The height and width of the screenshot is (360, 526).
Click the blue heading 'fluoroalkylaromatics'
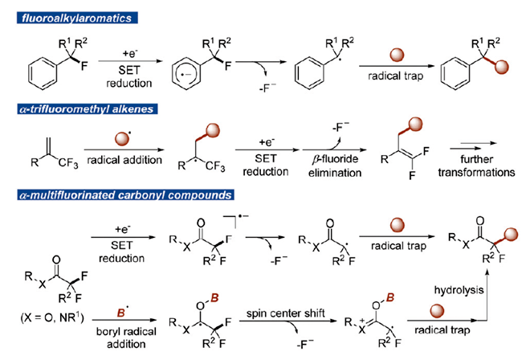point(77,18)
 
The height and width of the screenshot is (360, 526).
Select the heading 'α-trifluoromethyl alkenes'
point(88,109)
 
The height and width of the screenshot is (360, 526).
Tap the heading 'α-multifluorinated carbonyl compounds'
point(125,195)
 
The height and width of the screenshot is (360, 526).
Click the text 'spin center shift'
point(285,313)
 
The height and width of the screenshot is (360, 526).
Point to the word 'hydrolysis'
point(459,290)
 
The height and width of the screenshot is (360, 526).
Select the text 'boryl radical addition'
point(126,337)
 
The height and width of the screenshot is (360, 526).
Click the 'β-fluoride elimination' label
point(335,166)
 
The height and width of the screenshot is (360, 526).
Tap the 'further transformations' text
point(476,166)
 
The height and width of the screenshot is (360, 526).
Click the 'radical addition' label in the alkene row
point(124,160)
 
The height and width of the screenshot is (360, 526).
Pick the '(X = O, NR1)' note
point(52,317)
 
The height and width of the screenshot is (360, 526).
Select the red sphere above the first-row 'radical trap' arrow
point(397,55)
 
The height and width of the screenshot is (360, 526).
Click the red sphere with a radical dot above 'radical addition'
point(122,139)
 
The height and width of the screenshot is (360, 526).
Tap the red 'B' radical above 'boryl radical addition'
point(121,313)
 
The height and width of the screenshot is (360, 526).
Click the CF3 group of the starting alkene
point(68,164)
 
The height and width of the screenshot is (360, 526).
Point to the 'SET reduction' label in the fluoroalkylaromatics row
point(128,76)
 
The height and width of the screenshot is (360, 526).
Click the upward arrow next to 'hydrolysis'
point(487,295)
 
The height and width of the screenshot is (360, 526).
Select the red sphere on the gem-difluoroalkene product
point(416,124)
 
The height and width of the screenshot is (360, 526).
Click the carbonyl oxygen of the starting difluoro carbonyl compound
point(56,260)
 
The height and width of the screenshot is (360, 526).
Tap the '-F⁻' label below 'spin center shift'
point(304,345)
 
